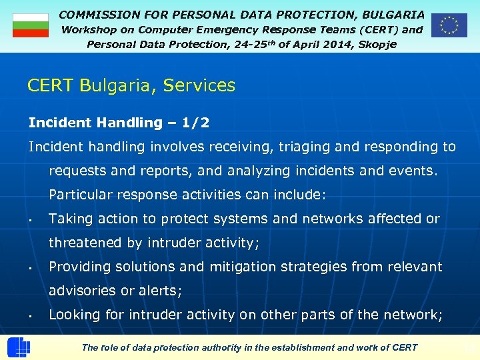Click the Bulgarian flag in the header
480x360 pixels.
(31, 25)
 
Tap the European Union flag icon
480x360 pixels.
(449, 25)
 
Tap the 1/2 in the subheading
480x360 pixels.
(195, 123)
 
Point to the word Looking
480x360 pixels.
(75, 315)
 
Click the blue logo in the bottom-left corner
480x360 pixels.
(18, 347)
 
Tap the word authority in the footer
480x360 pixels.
(223, 347)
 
